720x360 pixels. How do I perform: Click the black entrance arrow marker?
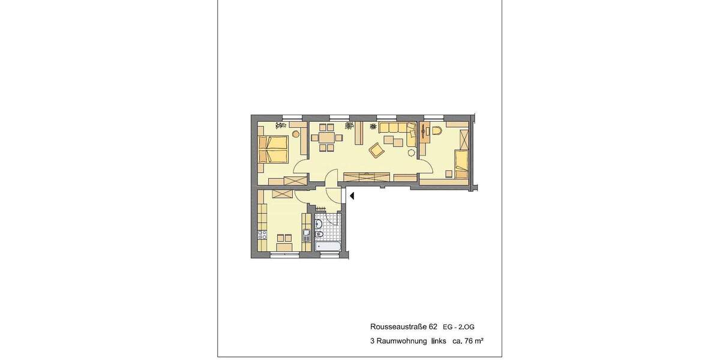pos(352,195)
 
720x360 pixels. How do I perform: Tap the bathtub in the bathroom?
pos(328,247)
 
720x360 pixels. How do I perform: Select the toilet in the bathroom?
pos(319,224)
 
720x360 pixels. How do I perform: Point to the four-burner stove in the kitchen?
pos(262,235)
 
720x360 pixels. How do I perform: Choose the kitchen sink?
pos(307,235)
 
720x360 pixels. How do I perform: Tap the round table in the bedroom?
pos(296,134)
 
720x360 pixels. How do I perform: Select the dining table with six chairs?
pos(327,137)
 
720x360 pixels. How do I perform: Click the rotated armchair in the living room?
pos(376,150)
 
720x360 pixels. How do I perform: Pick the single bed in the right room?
pos(461,164)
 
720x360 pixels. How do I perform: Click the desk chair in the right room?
pos(436,131)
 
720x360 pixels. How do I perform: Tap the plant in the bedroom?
pos(279,125)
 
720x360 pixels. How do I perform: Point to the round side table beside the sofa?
pos(411,152)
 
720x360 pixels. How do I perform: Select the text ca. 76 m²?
pos(468,341)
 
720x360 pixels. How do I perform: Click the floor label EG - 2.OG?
pos(458,328)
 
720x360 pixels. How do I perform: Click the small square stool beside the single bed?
pos(448,174)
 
